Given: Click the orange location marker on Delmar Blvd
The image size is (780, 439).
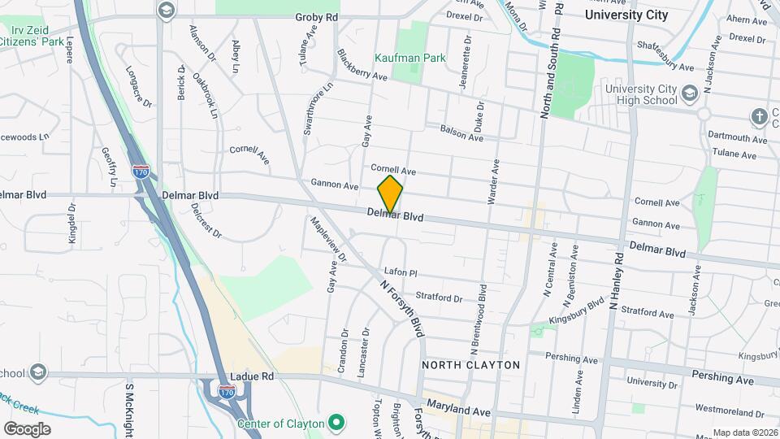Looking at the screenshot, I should [390, 193].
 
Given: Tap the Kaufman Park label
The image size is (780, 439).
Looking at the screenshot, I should [410, 59].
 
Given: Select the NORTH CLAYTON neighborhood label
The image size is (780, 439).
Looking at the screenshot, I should [470, 365].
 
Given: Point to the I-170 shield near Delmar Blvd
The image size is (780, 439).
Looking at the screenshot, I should [140, 172].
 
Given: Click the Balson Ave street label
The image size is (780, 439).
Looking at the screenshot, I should [461, 133].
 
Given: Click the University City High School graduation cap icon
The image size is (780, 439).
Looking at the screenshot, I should [689, 93].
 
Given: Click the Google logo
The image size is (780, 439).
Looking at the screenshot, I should [26, 429].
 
